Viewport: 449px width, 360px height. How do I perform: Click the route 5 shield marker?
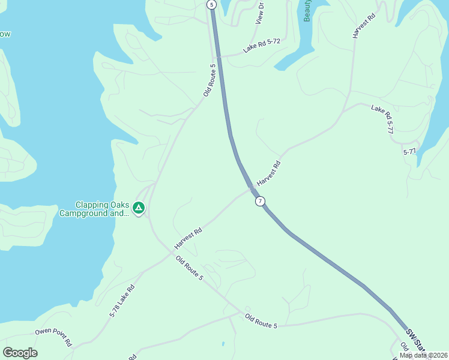tap(211, 4)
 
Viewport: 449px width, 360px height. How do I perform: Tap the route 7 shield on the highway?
tap(259, 201)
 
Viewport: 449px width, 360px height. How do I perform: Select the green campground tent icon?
tap(139, 208)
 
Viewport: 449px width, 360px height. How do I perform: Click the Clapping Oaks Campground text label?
tap(94, 208)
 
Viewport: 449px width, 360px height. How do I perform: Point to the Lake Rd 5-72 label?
tap(262, 46)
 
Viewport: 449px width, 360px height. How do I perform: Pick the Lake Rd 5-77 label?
tap(382, 119)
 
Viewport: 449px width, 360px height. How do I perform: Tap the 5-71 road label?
tap(410, 152)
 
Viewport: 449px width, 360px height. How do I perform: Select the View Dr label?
tap(260, 13)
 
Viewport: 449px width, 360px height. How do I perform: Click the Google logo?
tap(20, 353)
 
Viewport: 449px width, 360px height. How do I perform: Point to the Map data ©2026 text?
tap(423, 355)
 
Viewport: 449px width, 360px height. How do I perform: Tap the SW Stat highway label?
tap(416, 340)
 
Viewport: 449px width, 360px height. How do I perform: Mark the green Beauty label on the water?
tap(307, 11)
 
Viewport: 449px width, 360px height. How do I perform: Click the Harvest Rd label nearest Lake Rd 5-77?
tap(363, 25)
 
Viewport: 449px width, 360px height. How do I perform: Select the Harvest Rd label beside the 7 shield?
tap(269, 173)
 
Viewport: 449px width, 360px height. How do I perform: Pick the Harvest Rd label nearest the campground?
tap(188, 239)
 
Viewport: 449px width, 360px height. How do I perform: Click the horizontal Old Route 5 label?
tap(261, 321)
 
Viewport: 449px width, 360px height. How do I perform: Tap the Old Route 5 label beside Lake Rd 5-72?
tap(209, 80)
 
